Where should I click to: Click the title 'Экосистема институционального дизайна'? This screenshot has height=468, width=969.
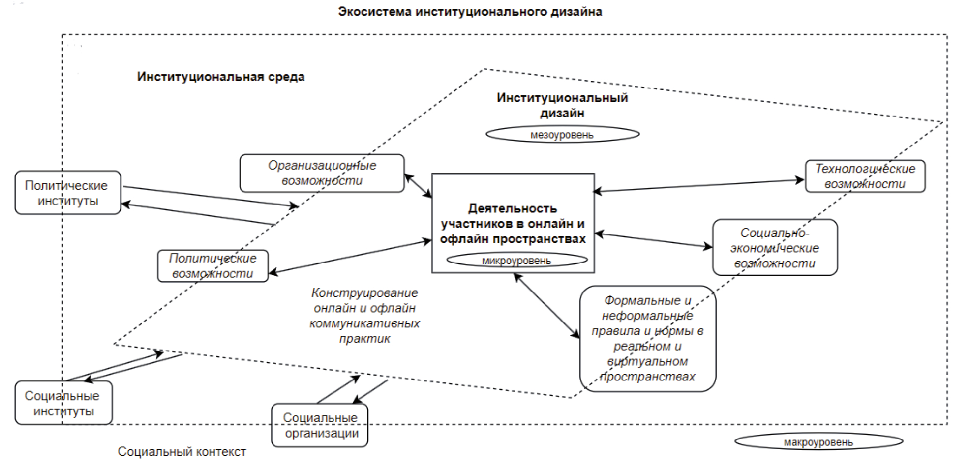470,12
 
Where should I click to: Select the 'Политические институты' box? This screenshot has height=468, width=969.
67,193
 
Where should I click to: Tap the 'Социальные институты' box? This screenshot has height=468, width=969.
63,403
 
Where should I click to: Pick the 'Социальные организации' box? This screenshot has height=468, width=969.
320,425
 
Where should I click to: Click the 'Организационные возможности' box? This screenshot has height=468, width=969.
322,173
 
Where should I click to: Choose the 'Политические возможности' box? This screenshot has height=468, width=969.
212,266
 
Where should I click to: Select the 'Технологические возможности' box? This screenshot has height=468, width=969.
865,176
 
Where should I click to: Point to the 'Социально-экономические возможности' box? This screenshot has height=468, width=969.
774,248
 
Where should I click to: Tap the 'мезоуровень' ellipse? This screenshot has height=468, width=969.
562,134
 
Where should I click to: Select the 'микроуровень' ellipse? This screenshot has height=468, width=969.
516,261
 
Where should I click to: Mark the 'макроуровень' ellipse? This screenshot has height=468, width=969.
818,442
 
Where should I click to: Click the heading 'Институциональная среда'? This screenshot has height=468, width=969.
221,77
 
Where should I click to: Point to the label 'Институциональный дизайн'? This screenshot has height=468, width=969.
562,105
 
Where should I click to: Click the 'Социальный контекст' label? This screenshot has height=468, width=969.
182,451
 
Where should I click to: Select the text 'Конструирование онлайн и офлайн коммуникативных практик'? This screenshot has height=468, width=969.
364,315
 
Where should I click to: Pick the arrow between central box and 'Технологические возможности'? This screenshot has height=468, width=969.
698,185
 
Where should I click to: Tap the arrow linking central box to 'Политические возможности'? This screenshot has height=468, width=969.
350,257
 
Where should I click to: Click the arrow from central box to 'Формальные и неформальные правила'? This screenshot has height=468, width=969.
546,305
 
